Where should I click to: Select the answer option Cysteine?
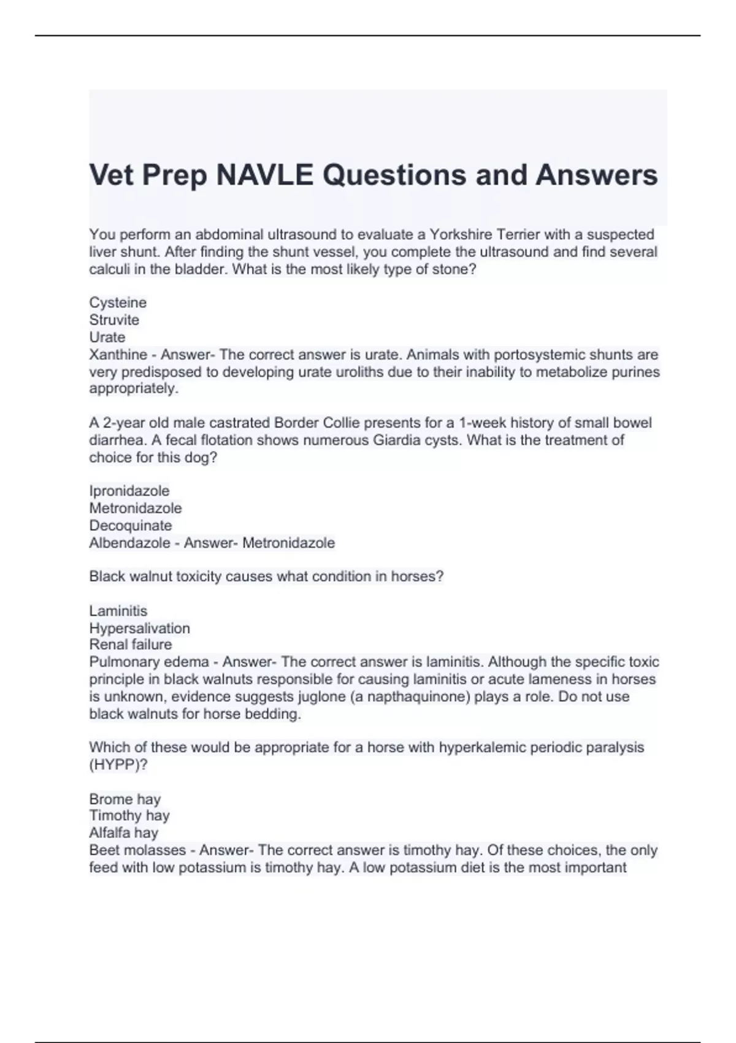click(118, 302)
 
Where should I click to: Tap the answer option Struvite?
click(114, 320)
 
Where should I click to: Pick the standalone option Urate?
click(107, 337)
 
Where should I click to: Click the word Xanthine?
click(118, 355)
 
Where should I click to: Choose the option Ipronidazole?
click(129, 491)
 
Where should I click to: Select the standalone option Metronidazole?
click(136, 508)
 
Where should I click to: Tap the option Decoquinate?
click(131, 525)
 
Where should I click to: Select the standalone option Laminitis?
click(118, 610)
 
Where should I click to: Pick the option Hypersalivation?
click(140, 628)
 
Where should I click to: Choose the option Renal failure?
click(131, 644)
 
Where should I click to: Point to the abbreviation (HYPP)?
click(118, 764)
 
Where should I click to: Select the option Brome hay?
click(125, 799)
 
